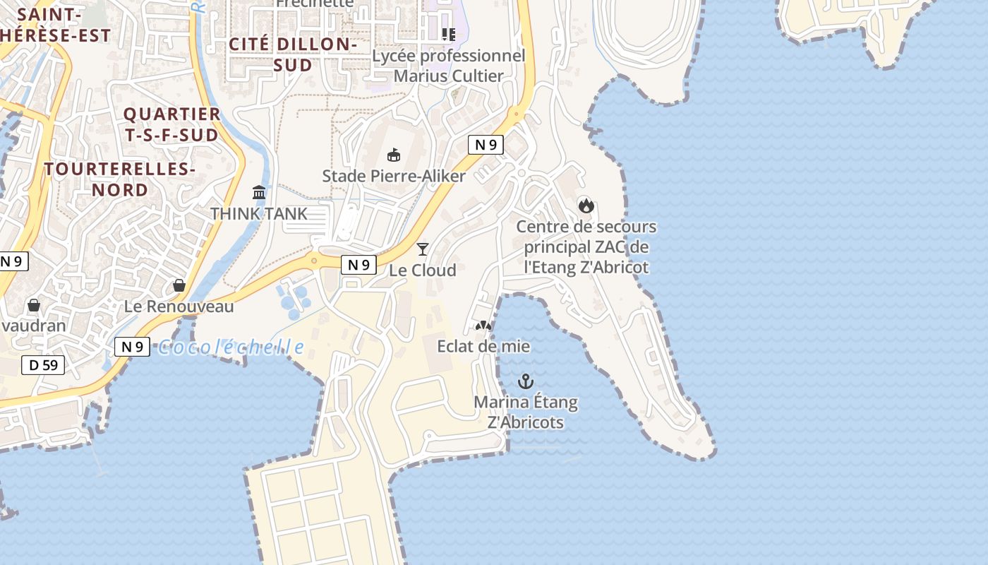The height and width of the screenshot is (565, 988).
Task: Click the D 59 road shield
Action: tap(43, 365)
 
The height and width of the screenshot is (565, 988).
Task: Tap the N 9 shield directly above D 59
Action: tap(132, 346)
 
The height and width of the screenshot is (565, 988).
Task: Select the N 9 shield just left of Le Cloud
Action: tap(359, 265)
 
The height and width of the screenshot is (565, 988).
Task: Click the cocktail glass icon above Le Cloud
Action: tap(423, 249)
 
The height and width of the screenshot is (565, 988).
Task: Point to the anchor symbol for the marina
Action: tap(526, 382)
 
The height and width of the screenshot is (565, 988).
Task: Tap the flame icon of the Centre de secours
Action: tap(586, 206)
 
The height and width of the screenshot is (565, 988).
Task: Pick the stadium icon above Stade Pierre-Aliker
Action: tap(394, 155)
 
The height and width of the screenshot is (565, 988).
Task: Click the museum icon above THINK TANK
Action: tap(259, 192)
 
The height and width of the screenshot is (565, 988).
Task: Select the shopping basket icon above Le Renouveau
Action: tap(179, 285)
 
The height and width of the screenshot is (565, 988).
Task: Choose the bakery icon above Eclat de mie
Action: tap(483, 326)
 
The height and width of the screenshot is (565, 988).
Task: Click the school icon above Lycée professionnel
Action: tap(449, 34)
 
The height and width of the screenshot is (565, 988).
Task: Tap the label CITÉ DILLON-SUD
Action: tap(293, 54)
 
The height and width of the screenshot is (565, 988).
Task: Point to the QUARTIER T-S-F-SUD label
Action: tap(171, 124)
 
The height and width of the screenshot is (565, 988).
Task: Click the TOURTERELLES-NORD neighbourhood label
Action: tap(119, 179)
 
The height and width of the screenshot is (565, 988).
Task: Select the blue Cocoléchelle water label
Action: tap(231, 347)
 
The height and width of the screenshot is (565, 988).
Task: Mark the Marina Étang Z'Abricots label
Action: tap(526, 412)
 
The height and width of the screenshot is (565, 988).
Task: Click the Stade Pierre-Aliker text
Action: tap(394, 176)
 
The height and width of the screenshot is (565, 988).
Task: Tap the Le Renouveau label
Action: tap(179, 307)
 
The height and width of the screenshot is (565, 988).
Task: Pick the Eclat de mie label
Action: tap(483, 347)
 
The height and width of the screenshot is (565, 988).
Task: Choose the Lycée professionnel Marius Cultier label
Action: tap(449, 66)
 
